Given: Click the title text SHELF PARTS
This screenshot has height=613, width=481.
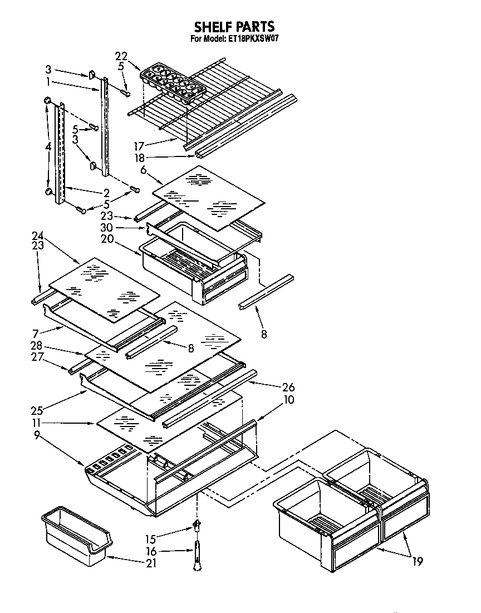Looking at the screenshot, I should coord(234,26).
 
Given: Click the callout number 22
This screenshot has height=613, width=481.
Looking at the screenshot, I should coord(121,56).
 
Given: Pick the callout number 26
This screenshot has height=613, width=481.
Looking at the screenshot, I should coord(288,388).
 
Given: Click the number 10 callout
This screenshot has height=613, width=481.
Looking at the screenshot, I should coord(288,400).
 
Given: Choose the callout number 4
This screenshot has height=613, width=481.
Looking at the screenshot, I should coord(48,147).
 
